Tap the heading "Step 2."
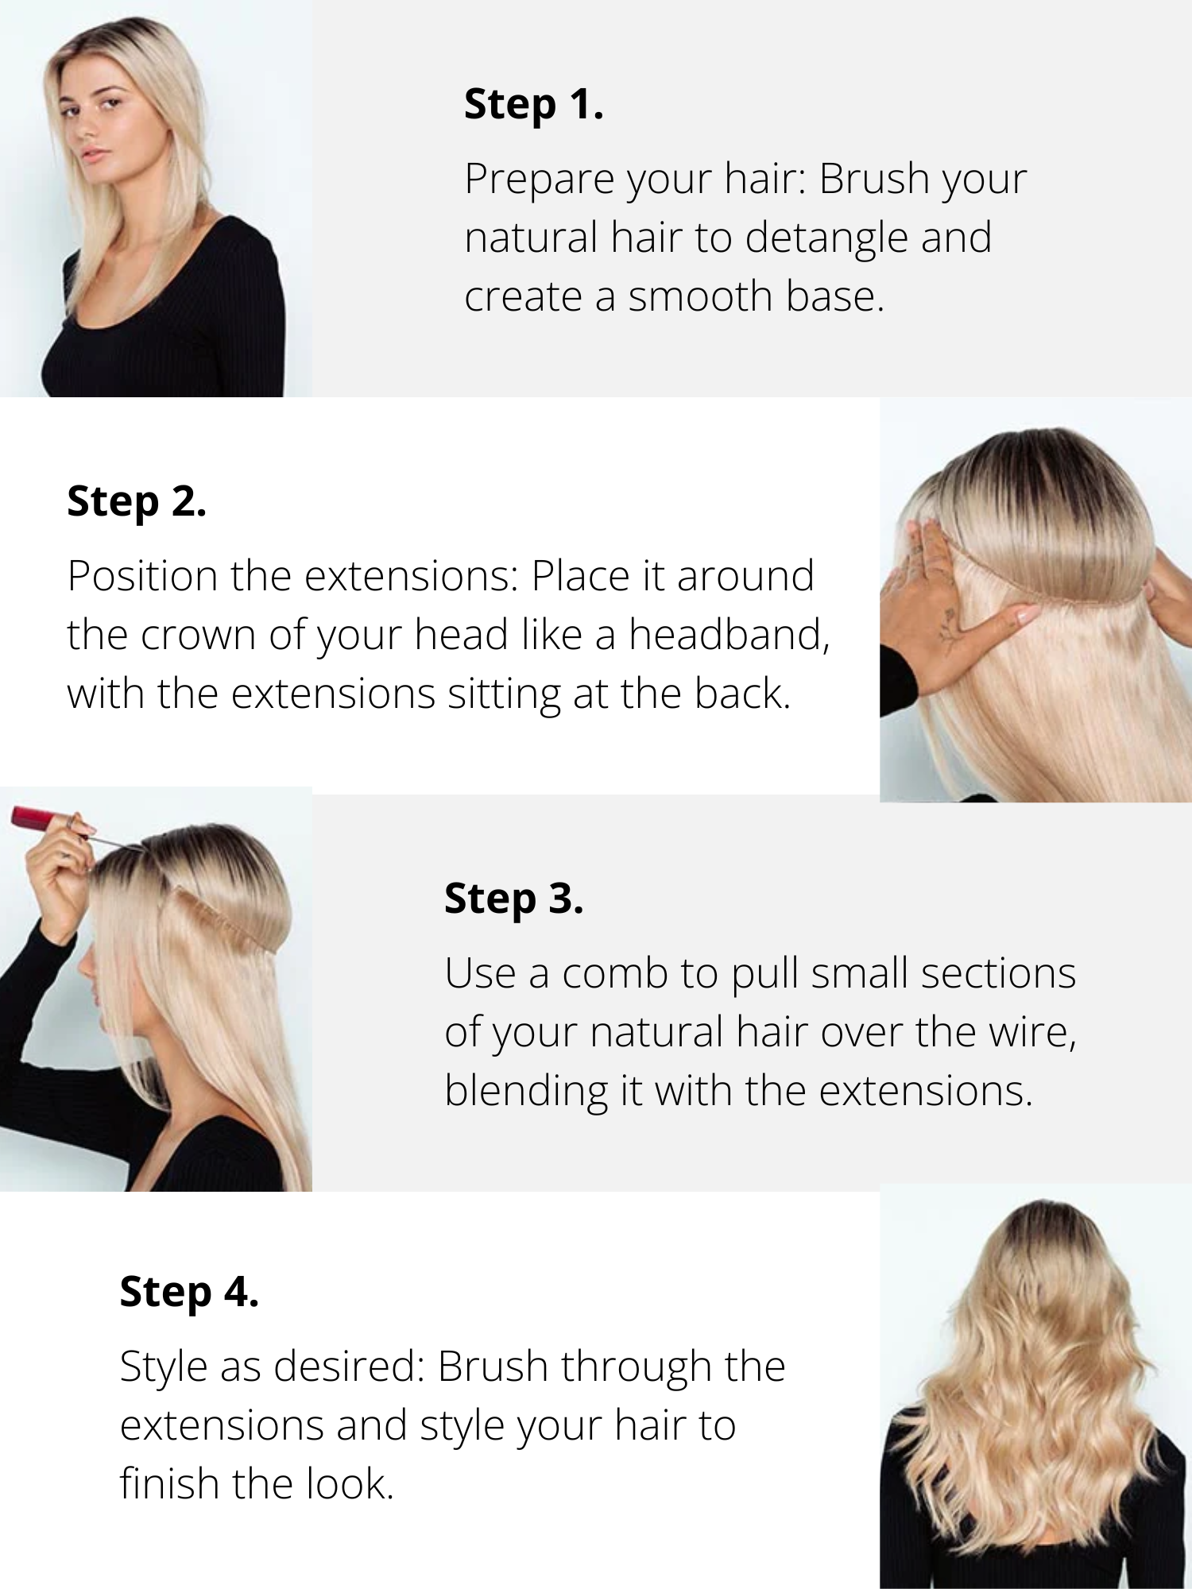point(137,503)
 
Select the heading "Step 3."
point(514,900)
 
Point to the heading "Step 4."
point(189,1293)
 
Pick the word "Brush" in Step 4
point(493,1367)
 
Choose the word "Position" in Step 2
point(143,576)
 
